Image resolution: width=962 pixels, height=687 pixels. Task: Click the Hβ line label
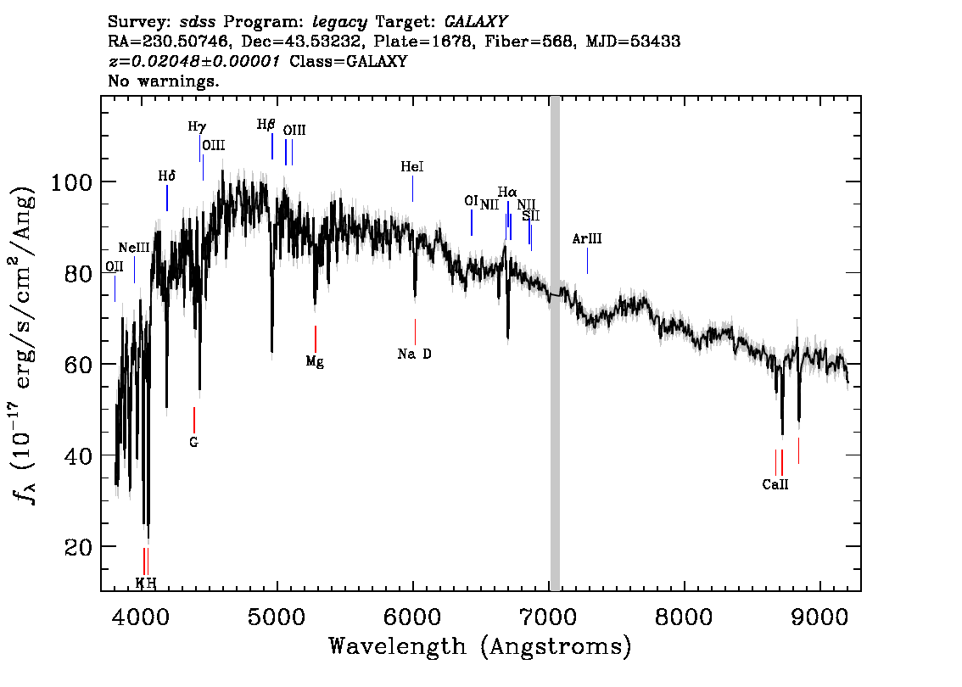(266, 125)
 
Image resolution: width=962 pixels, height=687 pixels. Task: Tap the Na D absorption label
(414, 354)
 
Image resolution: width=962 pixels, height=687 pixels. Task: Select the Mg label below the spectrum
(315, 362)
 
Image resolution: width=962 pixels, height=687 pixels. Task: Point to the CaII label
(775, 485)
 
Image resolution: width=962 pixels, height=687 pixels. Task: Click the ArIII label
(586, 239)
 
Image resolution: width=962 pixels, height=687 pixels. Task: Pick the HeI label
(412, 168)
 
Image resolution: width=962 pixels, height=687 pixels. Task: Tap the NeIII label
(134, 248)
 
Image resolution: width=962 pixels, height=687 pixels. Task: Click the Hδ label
(167, 176)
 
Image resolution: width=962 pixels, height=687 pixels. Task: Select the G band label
(193, 442)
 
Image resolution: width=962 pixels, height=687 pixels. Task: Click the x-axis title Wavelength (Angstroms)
(480, 647)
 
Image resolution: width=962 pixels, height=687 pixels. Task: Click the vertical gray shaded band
(555, 339)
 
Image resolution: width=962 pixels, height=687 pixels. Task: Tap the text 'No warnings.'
(164, 81)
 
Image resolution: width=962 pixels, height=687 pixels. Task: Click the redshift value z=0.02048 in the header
(193, 61)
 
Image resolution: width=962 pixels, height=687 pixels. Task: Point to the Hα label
(507, 192)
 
